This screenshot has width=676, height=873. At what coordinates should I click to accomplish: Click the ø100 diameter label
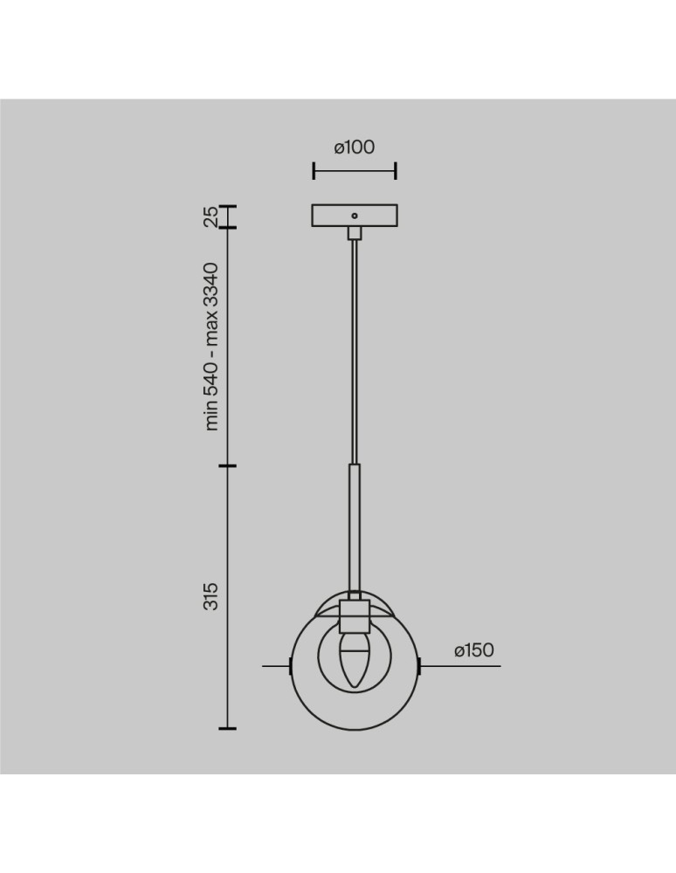[x=355, y=148]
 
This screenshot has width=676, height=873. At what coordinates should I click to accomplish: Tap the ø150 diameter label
[x=474, y=650]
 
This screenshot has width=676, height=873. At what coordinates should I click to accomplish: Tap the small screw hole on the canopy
[x=354, y=214]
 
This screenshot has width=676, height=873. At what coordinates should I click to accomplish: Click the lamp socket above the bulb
[x=354, y=615]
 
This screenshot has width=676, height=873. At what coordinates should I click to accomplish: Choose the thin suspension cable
[x=354, y=349]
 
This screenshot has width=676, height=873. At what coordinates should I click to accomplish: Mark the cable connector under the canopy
[x=354, y=233]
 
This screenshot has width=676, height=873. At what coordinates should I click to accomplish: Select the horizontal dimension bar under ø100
[x=355, y=171]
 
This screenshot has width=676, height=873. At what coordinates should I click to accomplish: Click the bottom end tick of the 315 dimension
[x=227, y=727]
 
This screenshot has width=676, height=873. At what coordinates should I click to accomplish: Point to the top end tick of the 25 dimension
[x=227, y=206]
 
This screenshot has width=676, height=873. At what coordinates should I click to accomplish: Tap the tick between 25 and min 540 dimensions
[x=227, y=229]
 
